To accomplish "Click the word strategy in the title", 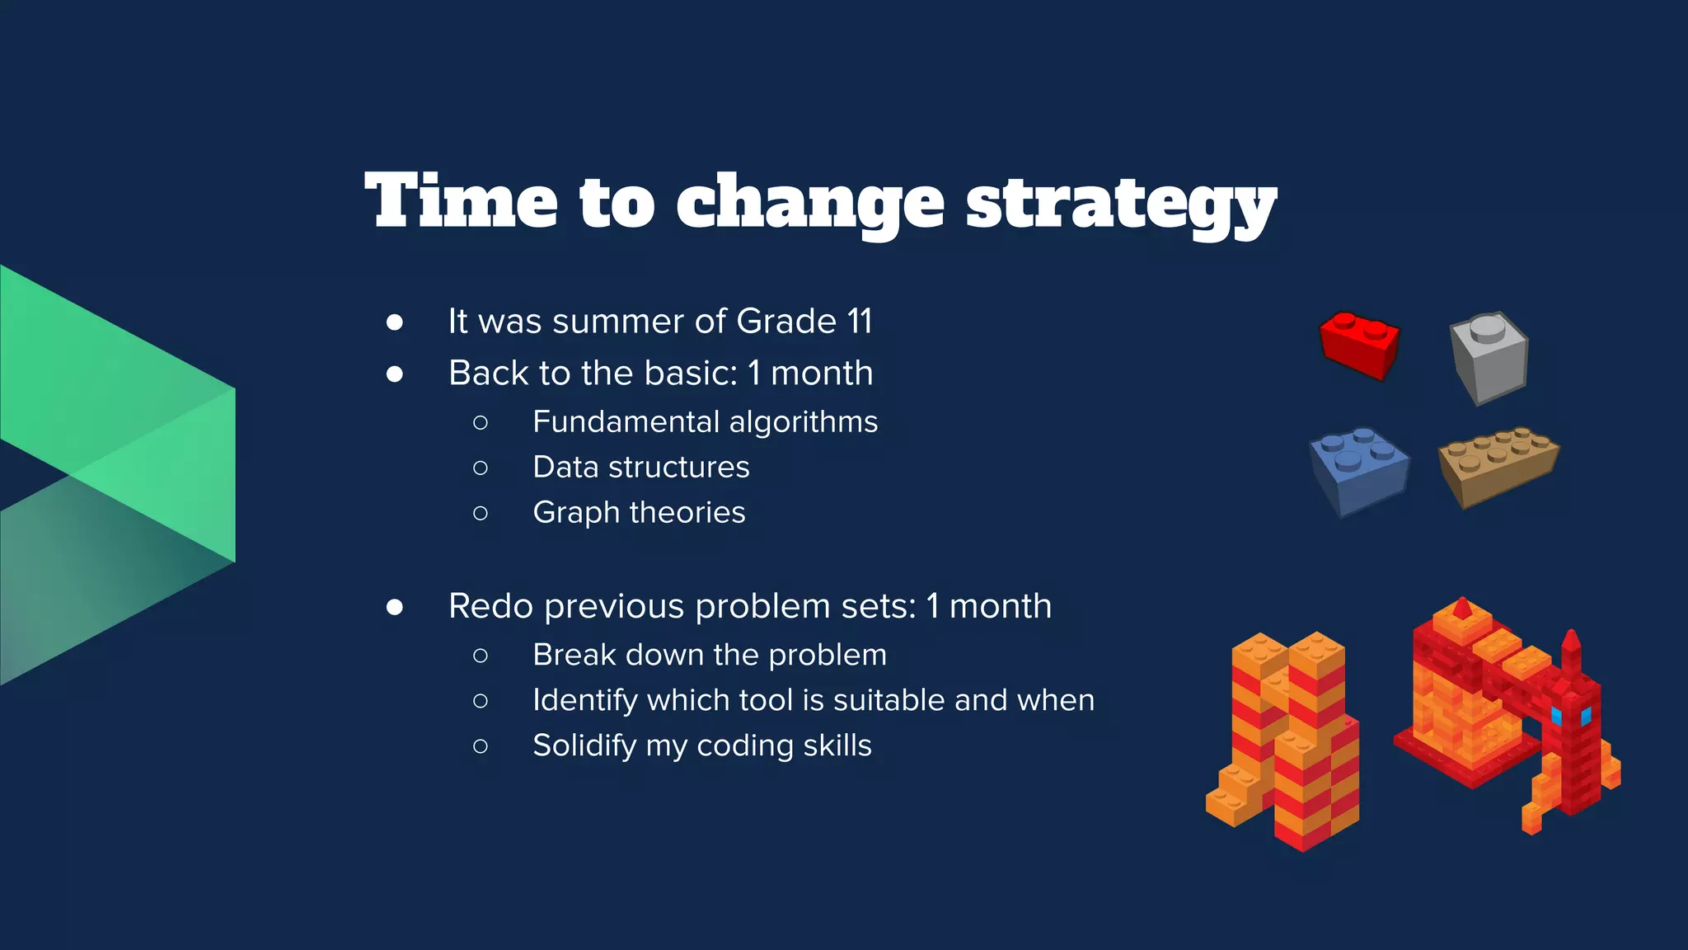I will coord(1121,203).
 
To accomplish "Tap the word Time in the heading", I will coord(462,201).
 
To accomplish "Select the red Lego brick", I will coord(1358,345).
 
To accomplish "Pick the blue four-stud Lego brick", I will coord(1358,470).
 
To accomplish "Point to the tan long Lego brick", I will coord(1498,465).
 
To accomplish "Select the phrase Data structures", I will coord(640,468).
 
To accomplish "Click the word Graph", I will coord(575,513).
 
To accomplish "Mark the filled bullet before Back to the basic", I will coord(395,374).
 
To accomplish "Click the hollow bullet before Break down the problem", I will coord(481,656).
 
